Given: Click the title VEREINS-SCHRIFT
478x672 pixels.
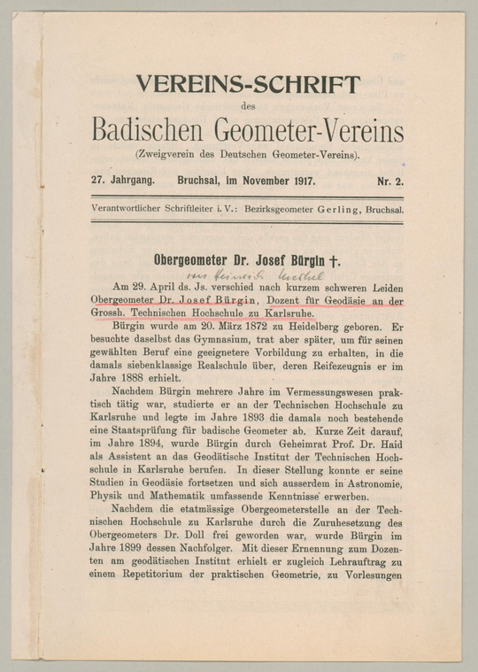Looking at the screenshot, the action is click(248, 85).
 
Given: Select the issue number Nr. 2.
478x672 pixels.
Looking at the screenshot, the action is click(389, 181).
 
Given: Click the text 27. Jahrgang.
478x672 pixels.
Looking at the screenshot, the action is click(123, 180).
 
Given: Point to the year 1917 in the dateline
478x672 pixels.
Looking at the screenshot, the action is click(300, 181).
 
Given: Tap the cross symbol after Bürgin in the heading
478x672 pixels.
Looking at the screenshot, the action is click(335, 261).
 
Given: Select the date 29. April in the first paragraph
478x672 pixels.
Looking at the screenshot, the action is click(152, 288).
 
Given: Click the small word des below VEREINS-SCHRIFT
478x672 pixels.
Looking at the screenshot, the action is click(247, 107).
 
